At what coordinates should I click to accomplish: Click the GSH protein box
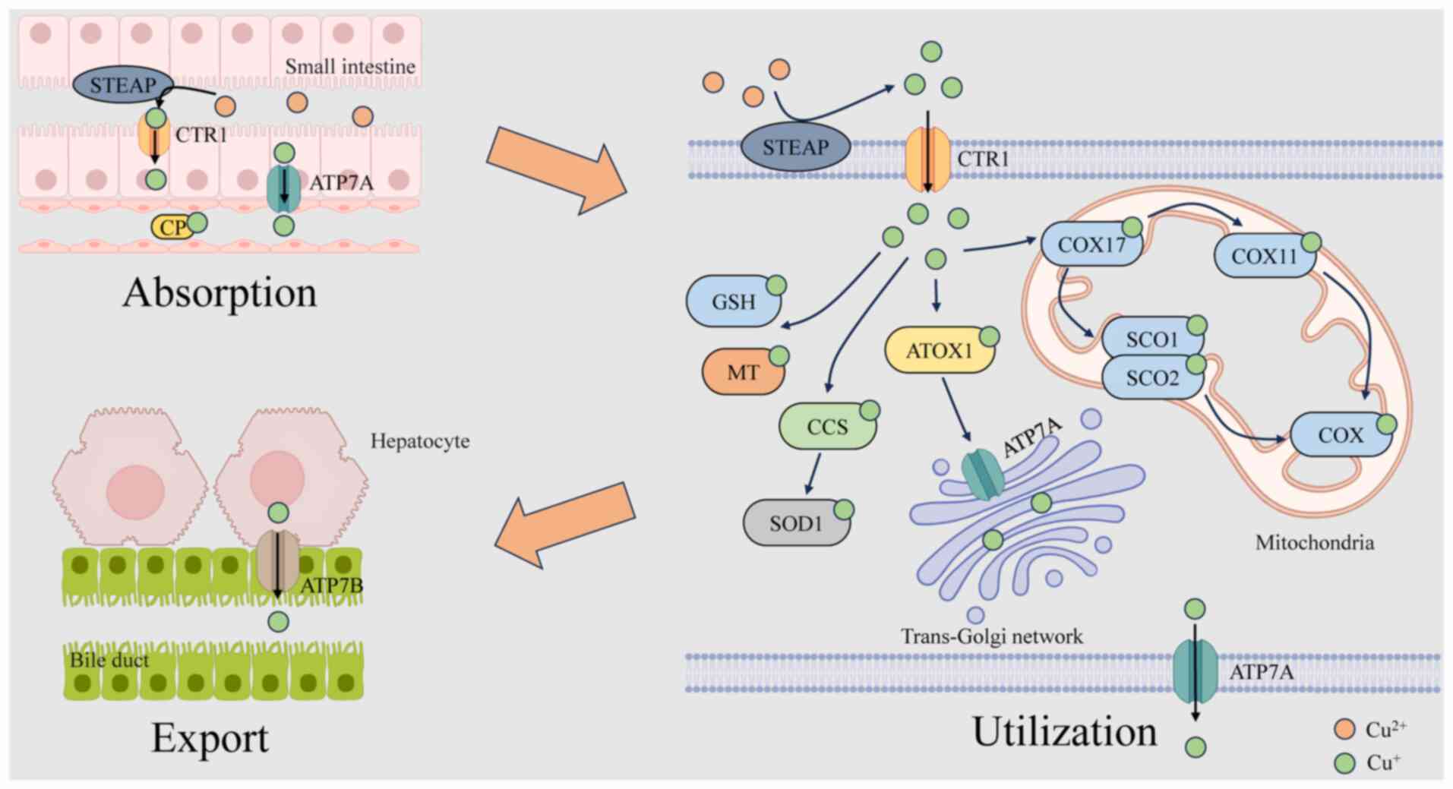[733, 301]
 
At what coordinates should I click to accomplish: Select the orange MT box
[742, 372]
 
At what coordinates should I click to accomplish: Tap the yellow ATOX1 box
[939, 351]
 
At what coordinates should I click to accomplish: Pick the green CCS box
[826, 427]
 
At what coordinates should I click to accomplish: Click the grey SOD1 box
[795, 523]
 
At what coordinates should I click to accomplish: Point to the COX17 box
[1091, 245]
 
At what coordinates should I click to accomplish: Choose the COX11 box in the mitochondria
[1264, 256]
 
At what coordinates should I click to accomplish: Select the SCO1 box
[1151, 338]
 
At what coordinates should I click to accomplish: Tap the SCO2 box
[1151, 378]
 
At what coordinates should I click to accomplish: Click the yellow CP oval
[172, 227]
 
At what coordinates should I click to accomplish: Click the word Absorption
[220, 292]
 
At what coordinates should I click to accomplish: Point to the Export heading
[210, 737]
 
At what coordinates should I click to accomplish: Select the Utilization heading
[1064, 732]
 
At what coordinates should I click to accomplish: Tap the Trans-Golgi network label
[991, 636]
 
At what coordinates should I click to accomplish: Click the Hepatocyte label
[419, 441]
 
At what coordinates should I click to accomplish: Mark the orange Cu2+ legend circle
[1344, 729]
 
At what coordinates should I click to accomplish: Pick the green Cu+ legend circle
[1344, 762]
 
